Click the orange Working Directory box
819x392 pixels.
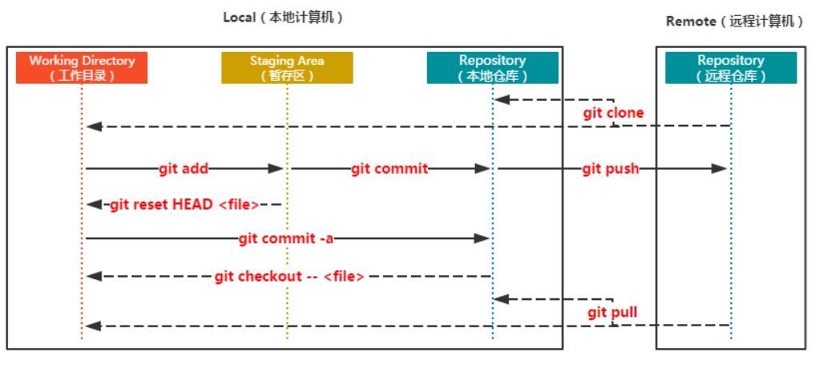coord(82,68)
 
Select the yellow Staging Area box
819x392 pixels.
coord(287,68)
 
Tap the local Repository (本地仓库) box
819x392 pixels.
coord(492,68)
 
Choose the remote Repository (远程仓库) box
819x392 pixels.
coord(730,68)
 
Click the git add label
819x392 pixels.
coord(183,169)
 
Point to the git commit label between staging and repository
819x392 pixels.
coord(390,169)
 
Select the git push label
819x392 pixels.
coord(609,169)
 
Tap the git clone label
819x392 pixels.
coord(613,113)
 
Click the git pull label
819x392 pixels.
coord(613,312)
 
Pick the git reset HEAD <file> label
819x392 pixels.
coord(185,205)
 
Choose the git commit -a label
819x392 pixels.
coord(286,238)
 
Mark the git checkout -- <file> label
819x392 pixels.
coord(290,277)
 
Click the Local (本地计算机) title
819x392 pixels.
coord(284,18)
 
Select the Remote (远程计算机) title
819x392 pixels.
coord(734,22)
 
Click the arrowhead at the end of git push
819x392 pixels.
coord(720,169)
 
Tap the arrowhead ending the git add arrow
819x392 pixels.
coord(276,169)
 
